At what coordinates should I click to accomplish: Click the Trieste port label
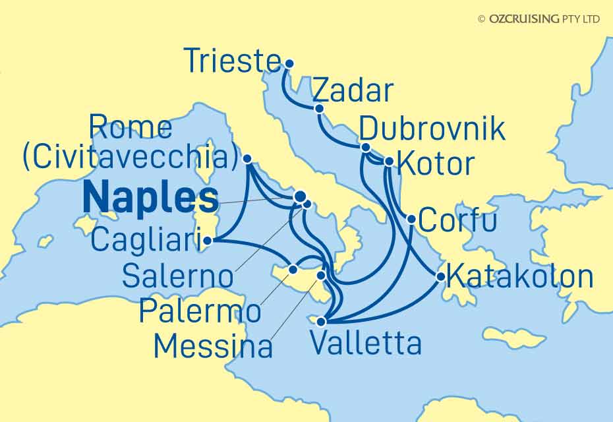click(231, 62)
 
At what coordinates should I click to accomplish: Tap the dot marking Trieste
click(289, 64)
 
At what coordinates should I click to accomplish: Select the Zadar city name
click(352, 92)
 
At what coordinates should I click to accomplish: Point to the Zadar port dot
click(319, 109)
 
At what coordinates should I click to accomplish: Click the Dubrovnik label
click(433, 129)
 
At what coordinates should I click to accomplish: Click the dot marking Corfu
click(411, 220)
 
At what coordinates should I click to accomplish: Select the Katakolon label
click(519, 276)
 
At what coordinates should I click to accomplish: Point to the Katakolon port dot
click(440, 278)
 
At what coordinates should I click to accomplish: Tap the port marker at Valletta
click(321, 322)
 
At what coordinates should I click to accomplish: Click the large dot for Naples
click(300, 196)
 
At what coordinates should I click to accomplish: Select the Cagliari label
click(146, 240)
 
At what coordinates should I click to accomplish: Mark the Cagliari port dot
click(207, 241)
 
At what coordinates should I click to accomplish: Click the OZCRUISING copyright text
click(539, 19)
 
